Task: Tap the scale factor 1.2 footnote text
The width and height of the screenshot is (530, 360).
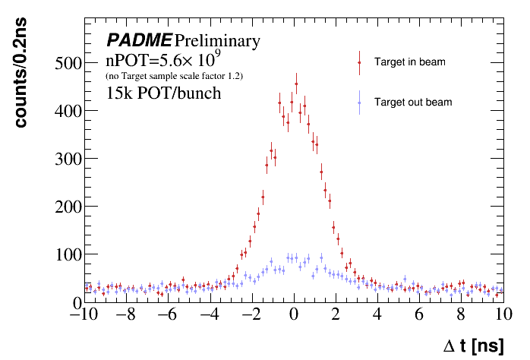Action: pyautogui.click(x=174, y=77)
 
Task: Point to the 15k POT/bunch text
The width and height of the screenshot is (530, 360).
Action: pyautogui.click(x=163, y=93)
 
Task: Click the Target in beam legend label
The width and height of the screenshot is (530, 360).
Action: pyautogui.click(x=409, y=62)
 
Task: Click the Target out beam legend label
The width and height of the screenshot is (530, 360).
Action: pyautogui.click(x=413, y=102)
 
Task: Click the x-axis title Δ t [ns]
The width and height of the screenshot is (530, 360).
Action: pyautogui.click(x=473, y=346)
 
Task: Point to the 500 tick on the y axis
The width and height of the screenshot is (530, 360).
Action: pyautogui.click(x=66, y=63)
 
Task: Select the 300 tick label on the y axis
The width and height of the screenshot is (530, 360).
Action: pyautogui.click(x=66, y=159)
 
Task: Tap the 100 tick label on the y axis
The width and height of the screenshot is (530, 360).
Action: pyautogui.click(x=66, y=254)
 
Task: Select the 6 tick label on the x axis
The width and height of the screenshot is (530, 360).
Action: pyautogui.click(x=418, y=315)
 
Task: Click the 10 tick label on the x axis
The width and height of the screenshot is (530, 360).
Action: pyautogui.click(x=502, y=315)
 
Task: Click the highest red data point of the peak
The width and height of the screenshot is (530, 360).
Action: pyautogui.click(x=296, y=84)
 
